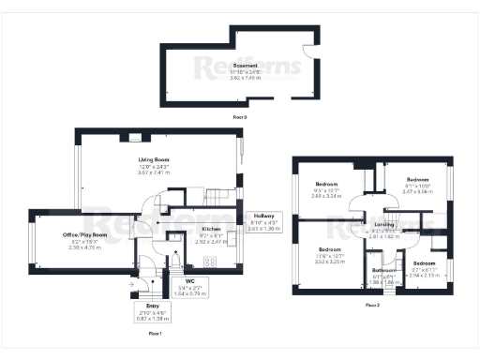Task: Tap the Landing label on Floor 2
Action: [x=382, y=224]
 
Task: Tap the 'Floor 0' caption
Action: [x=239, y=116]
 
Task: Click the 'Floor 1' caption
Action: [x=156, y=333]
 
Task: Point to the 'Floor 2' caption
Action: [x=372, y=305]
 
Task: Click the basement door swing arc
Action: [x=309, y=53]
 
